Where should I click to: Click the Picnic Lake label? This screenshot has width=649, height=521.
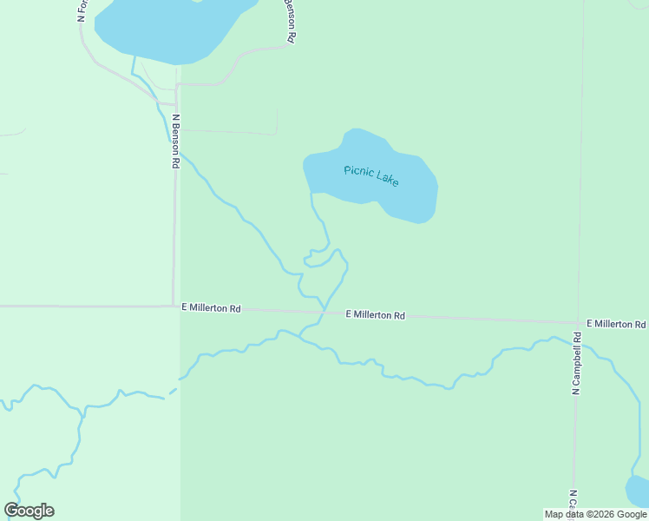(x=370, y=175)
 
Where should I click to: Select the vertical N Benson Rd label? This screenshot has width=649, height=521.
(x=176, y=141)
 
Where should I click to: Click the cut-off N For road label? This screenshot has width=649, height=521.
(x=82, y=11)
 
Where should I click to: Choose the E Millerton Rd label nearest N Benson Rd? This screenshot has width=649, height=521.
(x=211, y=308)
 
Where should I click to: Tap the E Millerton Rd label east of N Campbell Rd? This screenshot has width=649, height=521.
(x=615, y=324)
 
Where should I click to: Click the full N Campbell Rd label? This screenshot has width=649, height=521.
(x=576, y=364)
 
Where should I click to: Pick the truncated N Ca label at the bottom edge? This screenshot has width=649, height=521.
(x=574, y=499)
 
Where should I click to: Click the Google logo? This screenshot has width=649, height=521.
(x=29, y=511)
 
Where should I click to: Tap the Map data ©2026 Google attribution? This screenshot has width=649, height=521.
(x=595, y=514)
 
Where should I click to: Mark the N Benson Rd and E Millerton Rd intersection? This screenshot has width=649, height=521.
(x=174, y=306)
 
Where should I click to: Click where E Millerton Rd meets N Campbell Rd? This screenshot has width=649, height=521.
(x=578, y=321)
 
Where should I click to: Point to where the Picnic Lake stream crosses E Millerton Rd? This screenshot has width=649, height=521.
(x=323, y=311)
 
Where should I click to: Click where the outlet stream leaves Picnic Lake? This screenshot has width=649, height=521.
(x=311, y=192)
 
